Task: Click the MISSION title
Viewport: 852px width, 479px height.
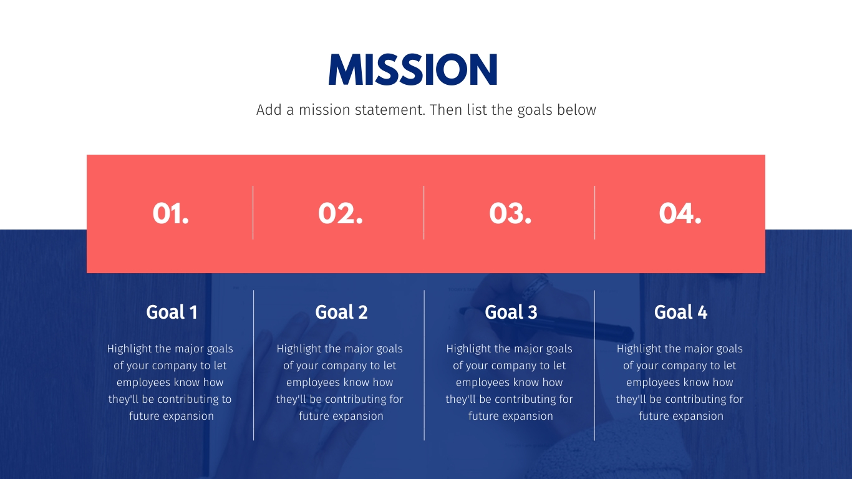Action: pos(413,69)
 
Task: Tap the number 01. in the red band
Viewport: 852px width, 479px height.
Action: pos(170,213)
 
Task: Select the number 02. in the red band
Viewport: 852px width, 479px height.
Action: pos(341,213)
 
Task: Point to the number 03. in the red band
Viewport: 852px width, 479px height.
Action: pos(510,213)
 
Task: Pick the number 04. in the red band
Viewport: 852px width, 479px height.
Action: pos(680,213)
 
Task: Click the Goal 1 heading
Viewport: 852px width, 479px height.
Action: pos(172,312)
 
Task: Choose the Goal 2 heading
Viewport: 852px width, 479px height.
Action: pos(341,312)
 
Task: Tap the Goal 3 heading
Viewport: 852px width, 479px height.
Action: pos(511,312)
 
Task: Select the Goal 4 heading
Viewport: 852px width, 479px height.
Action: pos(680,312)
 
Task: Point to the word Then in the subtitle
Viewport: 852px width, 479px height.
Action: pos(445,110)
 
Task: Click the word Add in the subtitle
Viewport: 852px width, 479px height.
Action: pos(269,110)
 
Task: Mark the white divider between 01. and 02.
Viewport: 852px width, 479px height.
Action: pos(253,213)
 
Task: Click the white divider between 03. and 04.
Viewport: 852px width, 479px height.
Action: pos(594,213)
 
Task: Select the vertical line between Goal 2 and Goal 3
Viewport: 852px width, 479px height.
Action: pos(424,365)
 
